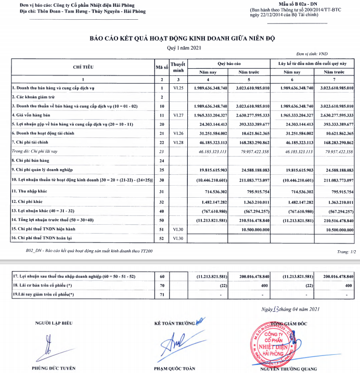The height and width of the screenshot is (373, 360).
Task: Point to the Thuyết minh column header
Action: (x=178, y=67)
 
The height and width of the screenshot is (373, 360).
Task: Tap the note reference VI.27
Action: (x=178, y=114)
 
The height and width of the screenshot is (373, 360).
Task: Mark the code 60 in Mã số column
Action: (x=162, y=276)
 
